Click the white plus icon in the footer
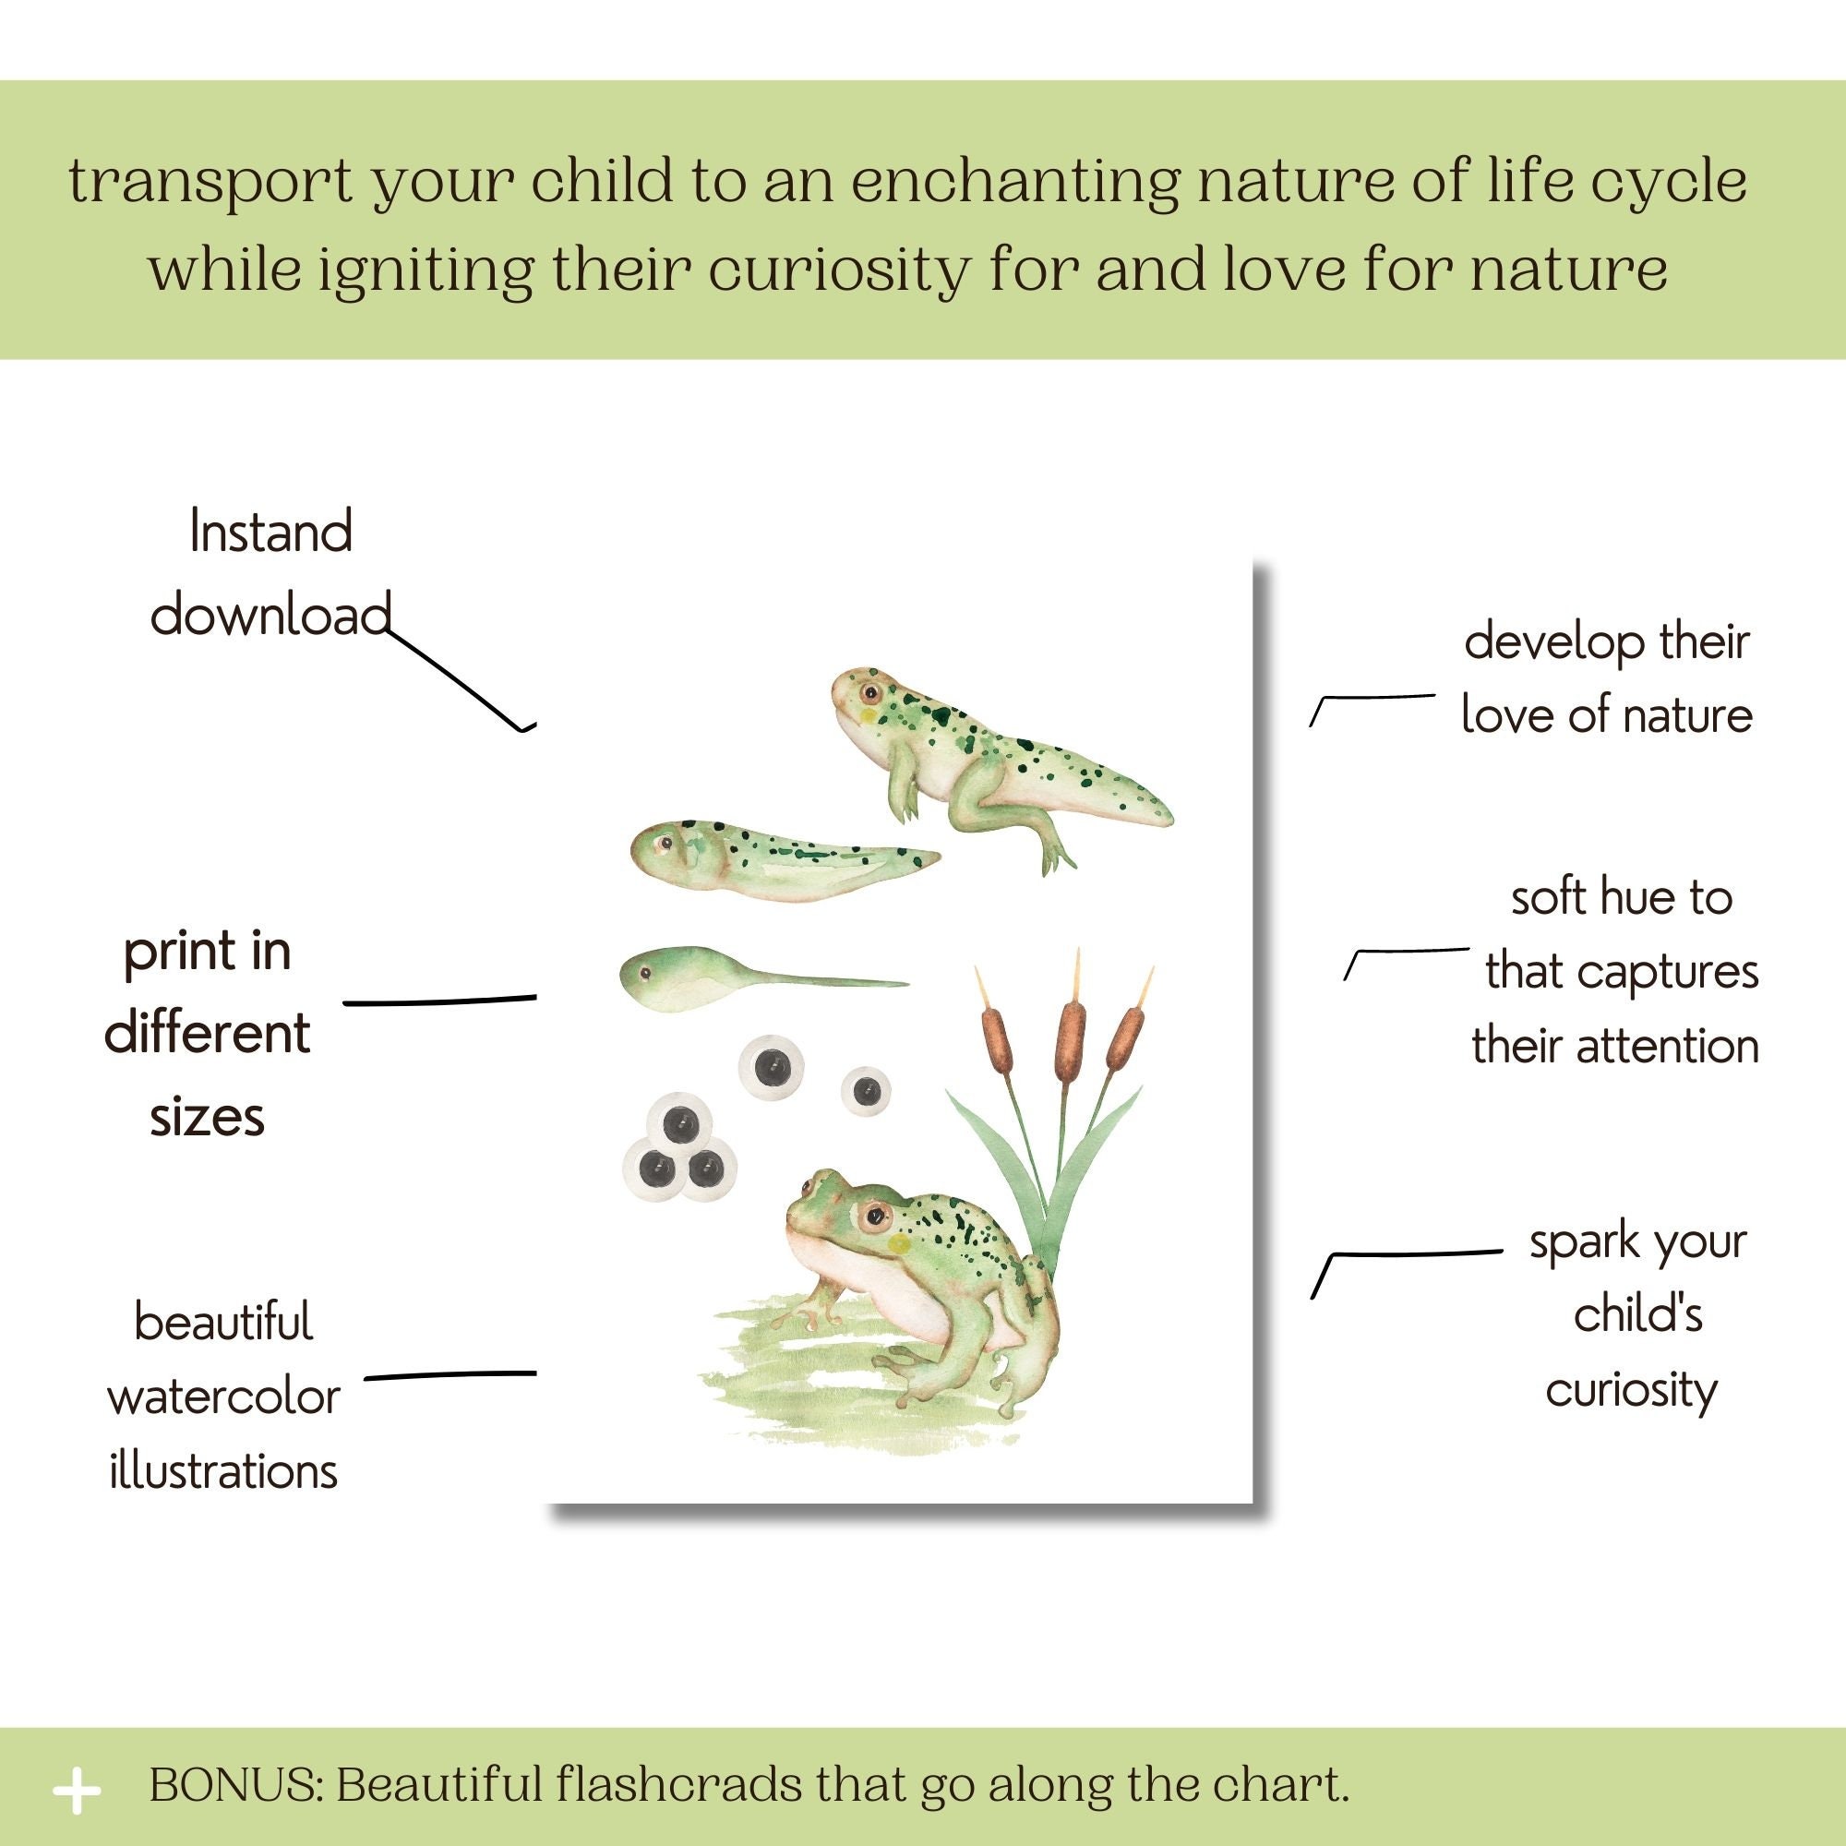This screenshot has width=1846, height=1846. [x=77, y=1792]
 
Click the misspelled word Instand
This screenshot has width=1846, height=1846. [x=270, y=532]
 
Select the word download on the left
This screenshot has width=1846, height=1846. [x=270, y=615]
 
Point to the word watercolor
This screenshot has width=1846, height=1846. [x=223, y=1396]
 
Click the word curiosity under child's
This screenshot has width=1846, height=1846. [x=1631, y=1391]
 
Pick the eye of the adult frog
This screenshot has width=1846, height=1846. [x=871, y=1217]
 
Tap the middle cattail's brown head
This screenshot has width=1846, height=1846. [x=1071, y=1041]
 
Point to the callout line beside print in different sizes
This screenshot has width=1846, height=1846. [x=439, y=1001]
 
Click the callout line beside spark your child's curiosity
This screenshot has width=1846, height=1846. [x=1405, y=1253]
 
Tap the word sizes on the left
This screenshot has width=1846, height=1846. [x=208, y=1116]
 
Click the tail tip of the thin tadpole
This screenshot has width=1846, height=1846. [x=902, y=982]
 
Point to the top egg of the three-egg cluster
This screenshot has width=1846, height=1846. [x=678, y=1124]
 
